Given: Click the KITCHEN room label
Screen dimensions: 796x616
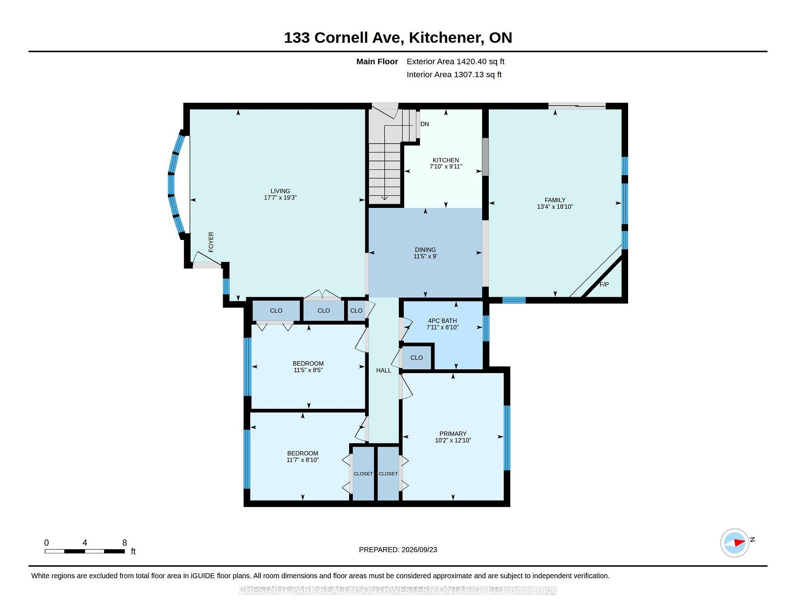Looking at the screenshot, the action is pos(446,160).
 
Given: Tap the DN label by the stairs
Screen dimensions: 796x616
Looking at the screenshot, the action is pos(425,124).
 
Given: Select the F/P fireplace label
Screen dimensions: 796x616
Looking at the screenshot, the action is pos(604,284).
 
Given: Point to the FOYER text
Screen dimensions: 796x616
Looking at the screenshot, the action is pos(211,242).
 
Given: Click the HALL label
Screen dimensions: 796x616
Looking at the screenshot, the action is pos(383,370).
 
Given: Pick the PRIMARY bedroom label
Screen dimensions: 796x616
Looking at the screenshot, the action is pos(453,434).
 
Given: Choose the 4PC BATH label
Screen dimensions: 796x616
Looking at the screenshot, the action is pos(442,321).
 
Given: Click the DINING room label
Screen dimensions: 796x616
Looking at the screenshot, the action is pos(425,250).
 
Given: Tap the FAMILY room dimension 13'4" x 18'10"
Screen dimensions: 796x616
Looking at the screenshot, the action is pos(555,207).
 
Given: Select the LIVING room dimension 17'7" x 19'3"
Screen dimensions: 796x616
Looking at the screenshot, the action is pos(280,198).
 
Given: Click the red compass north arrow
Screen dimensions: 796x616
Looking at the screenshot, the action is pos(740,542).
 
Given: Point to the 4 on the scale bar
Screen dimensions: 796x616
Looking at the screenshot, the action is pos(85,543).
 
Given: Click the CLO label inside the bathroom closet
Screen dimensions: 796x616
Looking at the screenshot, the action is pos(417,358).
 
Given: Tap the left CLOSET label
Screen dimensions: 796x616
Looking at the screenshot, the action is pos(363,474).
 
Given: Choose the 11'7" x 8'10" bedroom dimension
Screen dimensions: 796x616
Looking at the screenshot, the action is pos(303,460).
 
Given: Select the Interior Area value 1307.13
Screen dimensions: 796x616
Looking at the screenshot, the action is pos(470,75).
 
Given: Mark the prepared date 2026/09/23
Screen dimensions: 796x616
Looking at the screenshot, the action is pos(419,550).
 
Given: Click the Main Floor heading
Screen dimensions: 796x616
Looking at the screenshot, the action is pos(377,61).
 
